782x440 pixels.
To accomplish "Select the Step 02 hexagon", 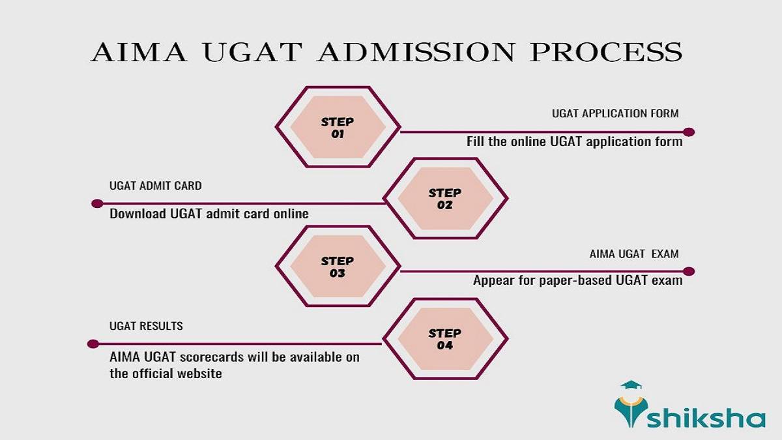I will click(x=444, y=199).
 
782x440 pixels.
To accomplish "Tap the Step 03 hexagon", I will click(x=337, y=267).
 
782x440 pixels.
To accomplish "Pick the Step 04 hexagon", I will click(x=444, y=339).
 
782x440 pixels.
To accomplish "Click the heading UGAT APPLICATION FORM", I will click(x=615, y=113).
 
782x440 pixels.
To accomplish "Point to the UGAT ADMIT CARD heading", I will click(x=155, y=186).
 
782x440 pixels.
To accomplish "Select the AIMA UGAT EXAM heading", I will click(x=633, y=254).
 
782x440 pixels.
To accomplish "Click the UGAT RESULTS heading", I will click(x=146, y=325).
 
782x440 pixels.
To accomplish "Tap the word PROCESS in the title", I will click(x=606, y=52).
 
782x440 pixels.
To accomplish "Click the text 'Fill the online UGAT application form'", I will click(x=574, y=141).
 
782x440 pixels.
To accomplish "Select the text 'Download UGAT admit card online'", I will click(x=209, y=213).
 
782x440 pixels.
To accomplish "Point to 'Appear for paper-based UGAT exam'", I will click(x=577, y=281).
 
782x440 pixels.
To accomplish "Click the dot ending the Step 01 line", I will click(x=689, y=132).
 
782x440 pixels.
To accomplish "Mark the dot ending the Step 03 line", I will click(x=689, y=271).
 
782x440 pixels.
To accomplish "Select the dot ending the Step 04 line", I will click(x=93, y=344).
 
